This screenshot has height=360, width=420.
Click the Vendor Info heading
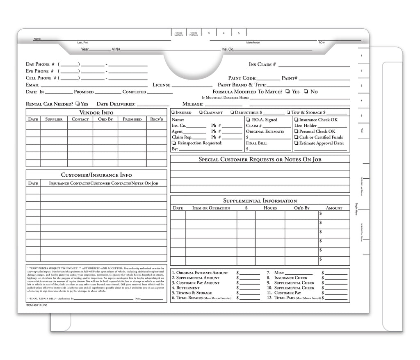[x=96, y=112]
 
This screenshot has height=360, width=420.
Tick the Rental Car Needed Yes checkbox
[x=78, y=104]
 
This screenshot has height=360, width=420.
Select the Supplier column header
[x=54, y=119]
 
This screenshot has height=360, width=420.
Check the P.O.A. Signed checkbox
[x=249, y=120]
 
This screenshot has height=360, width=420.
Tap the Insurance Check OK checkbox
[x=296, y=120]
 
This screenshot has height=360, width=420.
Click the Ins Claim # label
[x=262, y=64]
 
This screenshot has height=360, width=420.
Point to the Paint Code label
[x=242, y=78]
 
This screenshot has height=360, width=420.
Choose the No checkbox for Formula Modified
[x=306, y=92]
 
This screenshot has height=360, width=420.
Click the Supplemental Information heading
[x=260, y=201]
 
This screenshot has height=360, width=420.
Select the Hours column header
[x=270, y=208]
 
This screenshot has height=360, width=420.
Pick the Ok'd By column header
[x=301, y=208]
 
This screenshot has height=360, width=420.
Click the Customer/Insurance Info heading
[x=96, y=175]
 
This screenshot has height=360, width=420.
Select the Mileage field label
[x=193, y=105]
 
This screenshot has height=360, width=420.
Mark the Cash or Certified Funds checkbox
[x=296, y=137]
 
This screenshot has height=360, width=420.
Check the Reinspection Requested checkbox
[x=173, y=143]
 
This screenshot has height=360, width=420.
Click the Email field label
[x=33, y=85]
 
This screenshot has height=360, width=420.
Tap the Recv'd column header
[x=156, y=119]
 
